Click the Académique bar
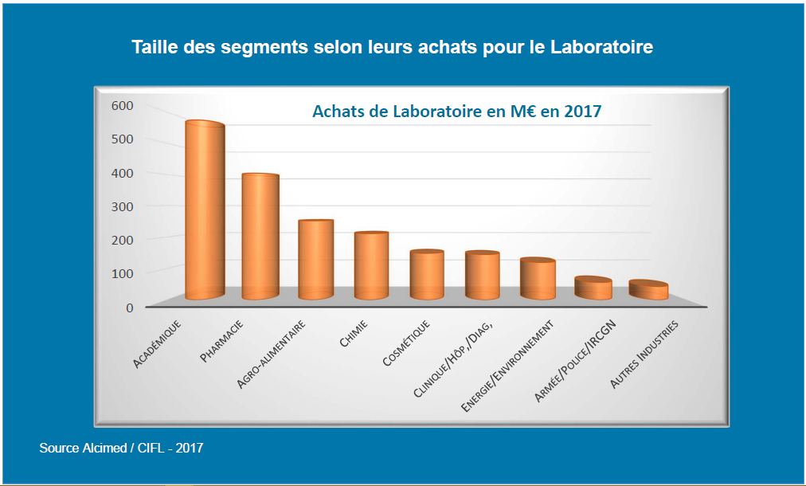point(205,211)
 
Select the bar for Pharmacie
point(260,237)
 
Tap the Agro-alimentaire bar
point(315,259)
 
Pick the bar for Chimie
point(371,265)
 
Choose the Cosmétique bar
point(427,275)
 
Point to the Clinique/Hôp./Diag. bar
point(482,276)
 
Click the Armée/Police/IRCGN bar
point(593,288)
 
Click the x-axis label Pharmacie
point(221,342)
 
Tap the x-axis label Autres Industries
point(644,355)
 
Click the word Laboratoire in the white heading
point(601,47)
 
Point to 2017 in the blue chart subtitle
point(582,112)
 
